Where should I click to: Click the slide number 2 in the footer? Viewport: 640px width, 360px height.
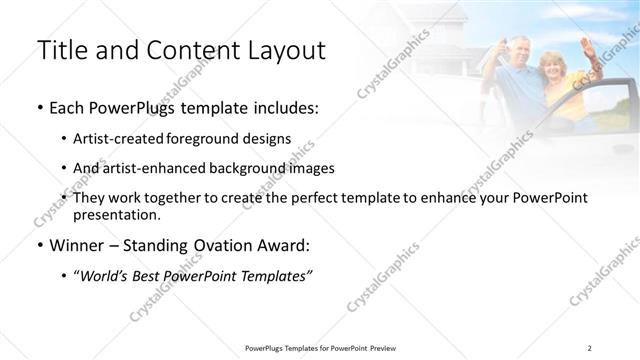(x=590, y=347)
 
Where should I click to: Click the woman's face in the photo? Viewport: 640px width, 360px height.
(x=553, y=66)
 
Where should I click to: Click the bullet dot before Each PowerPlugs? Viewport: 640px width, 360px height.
(x=39, y=108)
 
